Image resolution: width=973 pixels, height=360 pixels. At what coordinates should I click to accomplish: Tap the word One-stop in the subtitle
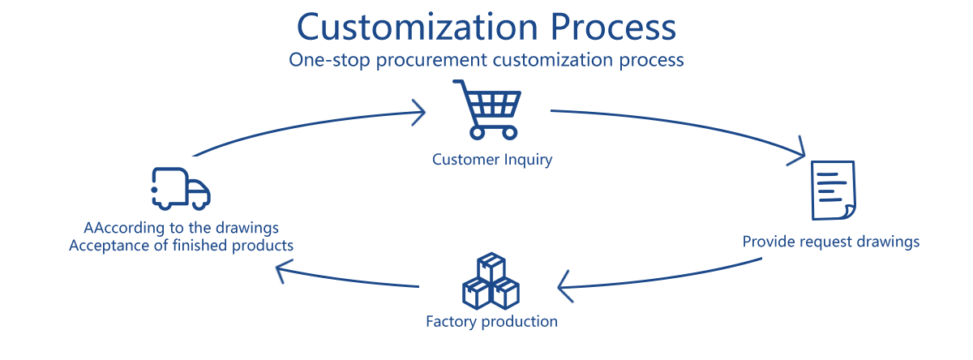[x=324, y=61]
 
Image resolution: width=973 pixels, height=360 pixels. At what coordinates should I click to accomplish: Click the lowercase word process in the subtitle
[x=653, y=61]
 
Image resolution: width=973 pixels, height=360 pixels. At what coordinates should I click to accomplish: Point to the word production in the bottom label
[x=520, y=322]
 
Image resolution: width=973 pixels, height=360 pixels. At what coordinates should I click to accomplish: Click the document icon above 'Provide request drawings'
[x=834, y=190]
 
